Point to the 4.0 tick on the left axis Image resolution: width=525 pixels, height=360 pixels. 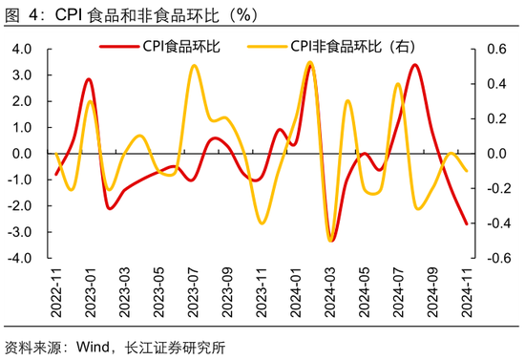22,49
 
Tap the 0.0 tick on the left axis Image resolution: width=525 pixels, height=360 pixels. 22,154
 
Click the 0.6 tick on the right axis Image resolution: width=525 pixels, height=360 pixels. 496,49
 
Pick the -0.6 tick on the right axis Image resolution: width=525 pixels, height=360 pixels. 494,259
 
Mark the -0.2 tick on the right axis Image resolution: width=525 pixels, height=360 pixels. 494,189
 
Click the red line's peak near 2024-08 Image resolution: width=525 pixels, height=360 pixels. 415,65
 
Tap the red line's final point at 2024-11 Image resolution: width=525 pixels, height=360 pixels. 467,224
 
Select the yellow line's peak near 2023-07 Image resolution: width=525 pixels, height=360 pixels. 194,66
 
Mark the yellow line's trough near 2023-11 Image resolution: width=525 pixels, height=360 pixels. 262,223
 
